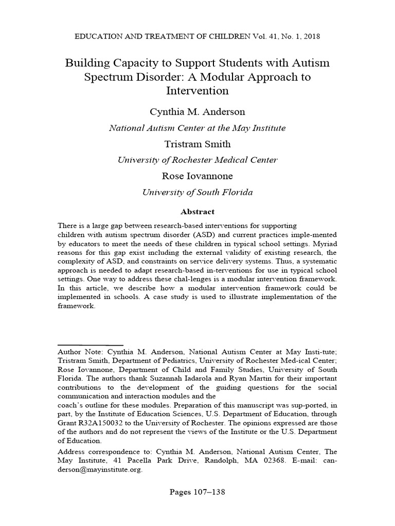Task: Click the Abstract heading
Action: click(197, 212)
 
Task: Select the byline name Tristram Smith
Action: click(197, 144)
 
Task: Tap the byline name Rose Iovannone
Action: click(197, 176)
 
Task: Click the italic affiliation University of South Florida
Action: click(197, 193)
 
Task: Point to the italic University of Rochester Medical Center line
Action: click(197, 160)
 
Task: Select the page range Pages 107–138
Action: click(197, 492)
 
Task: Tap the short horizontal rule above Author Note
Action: click(90, 345)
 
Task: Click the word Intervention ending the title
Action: click(197, 91)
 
